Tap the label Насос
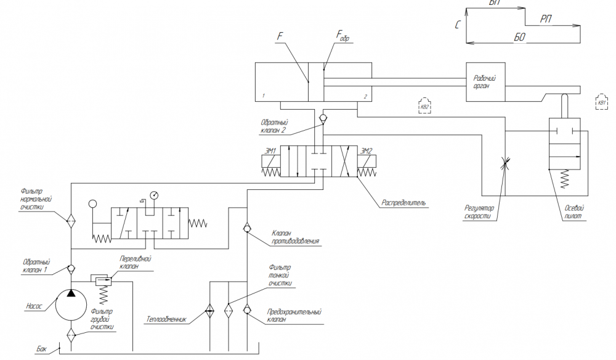click(34, 306)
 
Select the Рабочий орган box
click(485, 81)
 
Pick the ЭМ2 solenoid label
click(367, 150)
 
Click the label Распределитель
click(405, 202)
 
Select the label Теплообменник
click(166, 320)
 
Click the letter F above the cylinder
click(280, 38)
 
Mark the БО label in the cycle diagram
click(519, 38)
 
